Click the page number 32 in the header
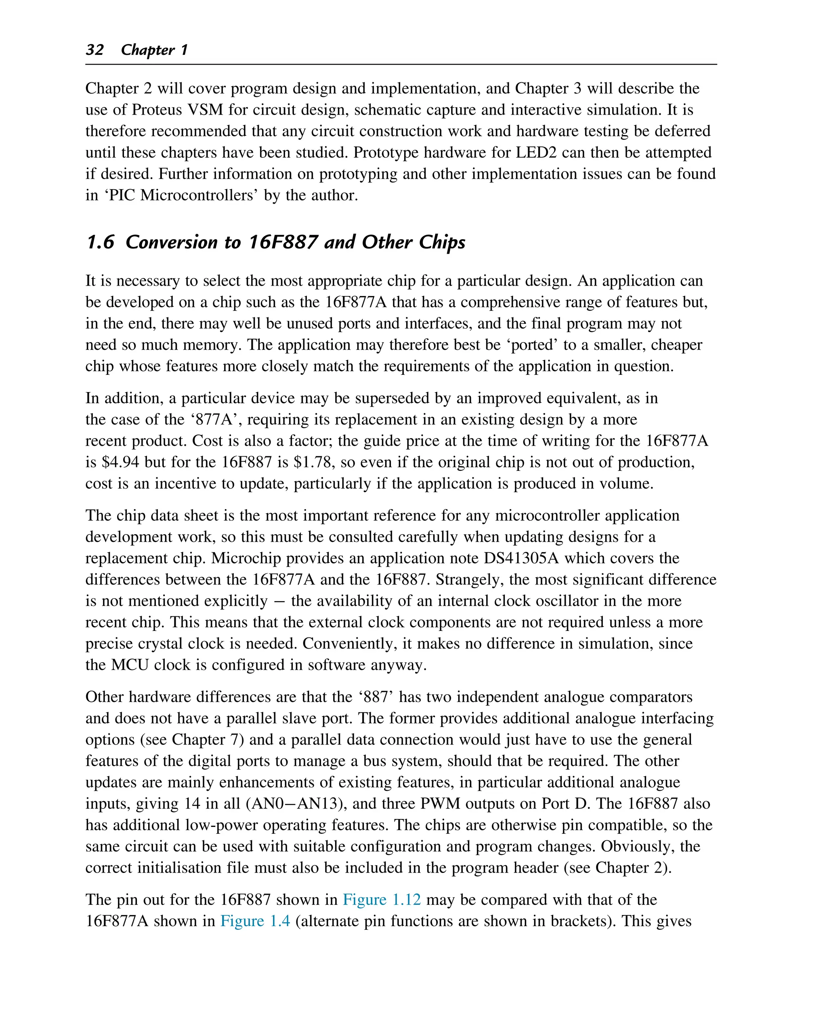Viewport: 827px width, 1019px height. (94, 50)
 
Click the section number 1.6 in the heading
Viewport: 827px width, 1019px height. (100, 242)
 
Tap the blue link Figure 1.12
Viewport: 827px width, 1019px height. (382, 900)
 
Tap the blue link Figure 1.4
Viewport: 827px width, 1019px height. (255, 921)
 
